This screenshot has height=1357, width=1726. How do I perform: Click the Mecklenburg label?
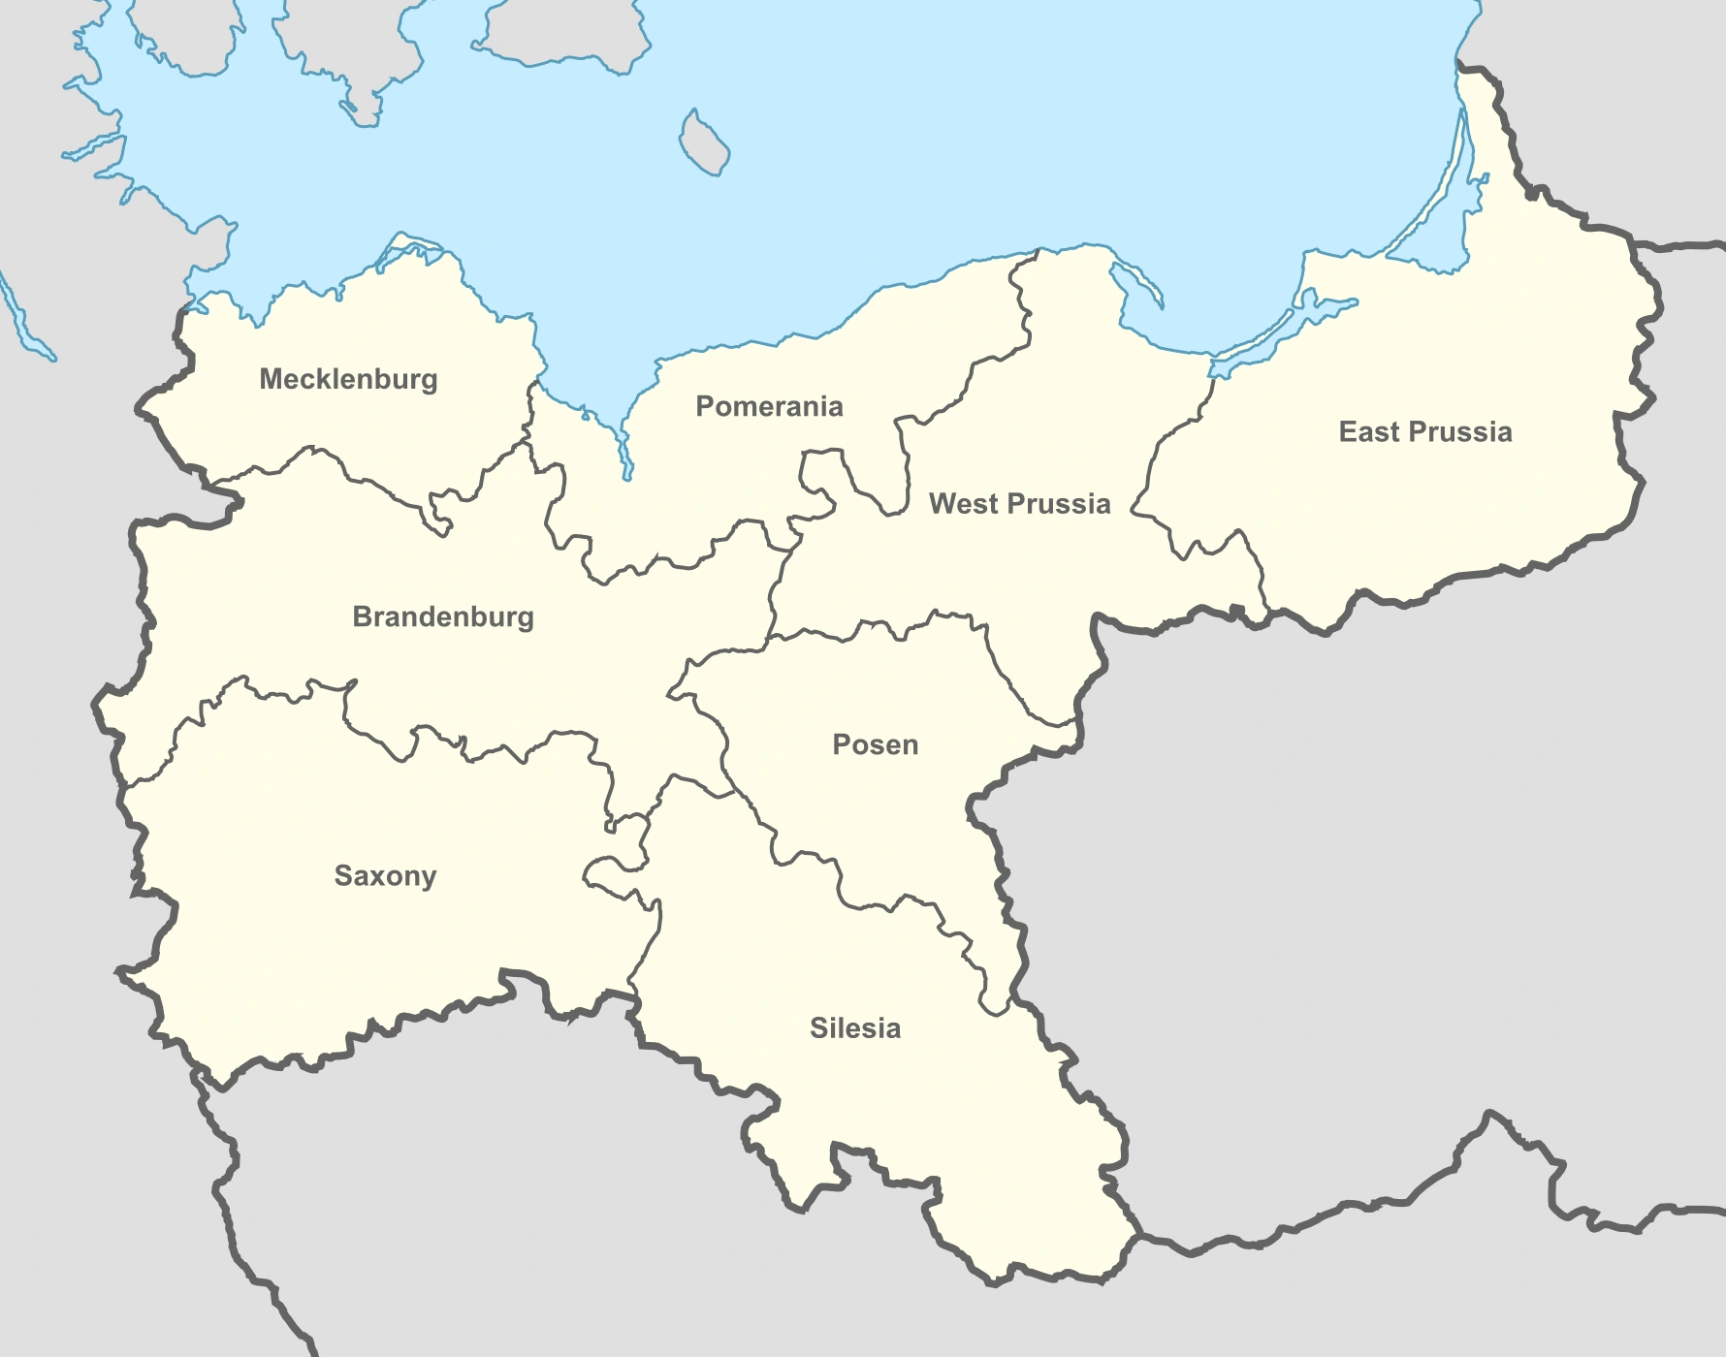tap(348, 379)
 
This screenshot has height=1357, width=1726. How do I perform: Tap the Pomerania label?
tap(769, 406)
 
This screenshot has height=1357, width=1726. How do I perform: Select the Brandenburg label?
tap(443, 616)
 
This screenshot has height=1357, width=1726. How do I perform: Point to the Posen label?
tap(876, 744)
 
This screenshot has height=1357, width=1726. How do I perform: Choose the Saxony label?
tap(385, 875)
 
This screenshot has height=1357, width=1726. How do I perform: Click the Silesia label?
tap(855, 1027)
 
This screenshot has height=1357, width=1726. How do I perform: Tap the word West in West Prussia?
tap(962, 504)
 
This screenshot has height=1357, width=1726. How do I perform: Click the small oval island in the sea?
tap(704, 142)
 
